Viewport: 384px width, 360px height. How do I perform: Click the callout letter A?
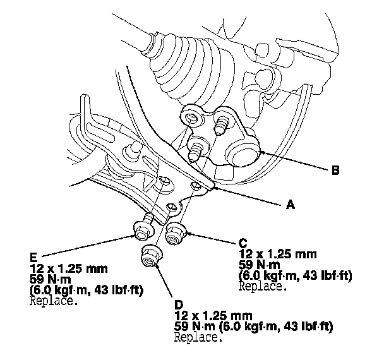(x=291, y=205)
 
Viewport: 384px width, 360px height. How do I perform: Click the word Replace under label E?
(x=54, y=301)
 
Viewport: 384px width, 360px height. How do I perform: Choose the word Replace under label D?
(x=199, y=337)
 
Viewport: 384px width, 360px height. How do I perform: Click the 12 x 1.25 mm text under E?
(x=64, y=269)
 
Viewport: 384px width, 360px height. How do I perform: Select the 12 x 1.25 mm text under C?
(x=276, y=255)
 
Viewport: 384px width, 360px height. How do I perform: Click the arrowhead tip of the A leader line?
(x=214, y=186)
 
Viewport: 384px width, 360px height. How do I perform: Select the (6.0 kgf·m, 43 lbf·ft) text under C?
(x=295, y=275)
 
